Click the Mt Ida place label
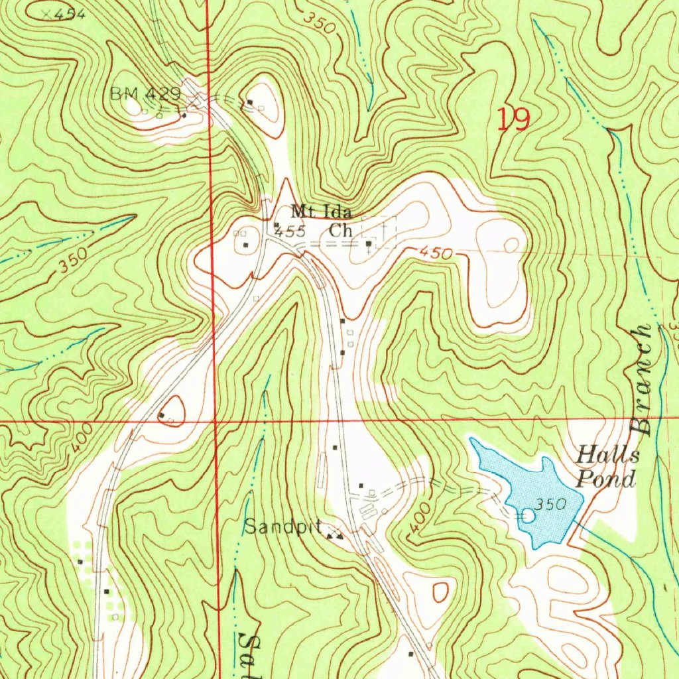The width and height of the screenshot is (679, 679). point(322,212)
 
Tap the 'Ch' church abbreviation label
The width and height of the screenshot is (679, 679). point(340,231)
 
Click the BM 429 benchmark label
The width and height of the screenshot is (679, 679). point(145,95)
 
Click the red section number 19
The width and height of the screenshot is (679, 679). point(514,120)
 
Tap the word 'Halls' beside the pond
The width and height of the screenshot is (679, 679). point(608,456)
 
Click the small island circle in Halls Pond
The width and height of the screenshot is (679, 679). point(528,515)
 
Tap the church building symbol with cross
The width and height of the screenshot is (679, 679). point(369,243)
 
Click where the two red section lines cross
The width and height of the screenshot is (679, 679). point(216,420)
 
